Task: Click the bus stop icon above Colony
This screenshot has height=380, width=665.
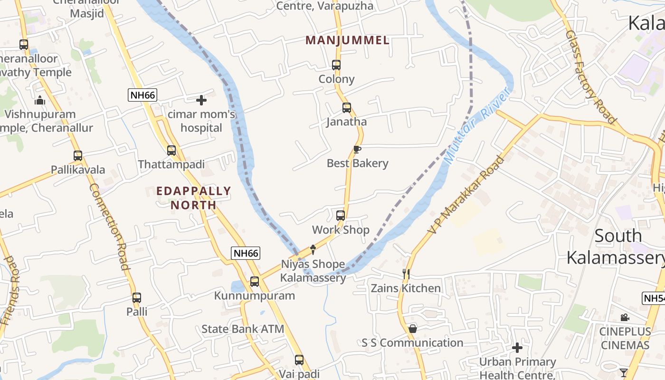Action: point(336,65)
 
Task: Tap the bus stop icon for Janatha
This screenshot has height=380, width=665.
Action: point(347,108)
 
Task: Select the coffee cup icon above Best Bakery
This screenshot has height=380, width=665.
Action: point(357,150)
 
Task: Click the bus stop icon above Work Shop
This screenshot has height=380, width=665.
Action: point(341,216)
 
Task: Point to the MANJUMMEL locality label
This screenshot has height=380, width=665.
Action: point(347,40)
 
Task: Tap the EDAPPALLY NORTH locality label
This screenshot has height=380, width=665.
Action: point(194,198)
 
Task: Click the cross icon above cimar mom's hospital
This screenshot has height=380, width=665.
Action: point(201,100)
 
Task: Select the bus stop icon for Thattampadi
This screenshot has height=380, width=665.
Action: point(171,151)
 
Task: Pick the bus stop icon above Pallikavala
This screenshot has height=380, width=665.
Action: point(78,156)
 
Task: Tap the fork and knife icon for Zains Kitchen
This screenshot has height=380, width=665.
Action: point(406,274)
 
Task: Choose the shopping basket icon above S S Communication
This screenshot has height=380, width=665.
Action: point(413,329)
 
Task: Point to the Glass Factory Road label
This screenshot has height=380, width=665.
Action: point(590,77)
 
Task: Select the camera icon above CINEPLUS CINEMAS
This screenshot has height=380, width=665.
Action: point(625,317)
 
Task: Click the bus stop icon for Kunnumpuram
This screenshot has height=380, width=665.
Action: point(255,282)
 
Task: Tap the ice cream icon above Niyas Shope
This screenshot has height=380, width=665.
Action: point(313,249)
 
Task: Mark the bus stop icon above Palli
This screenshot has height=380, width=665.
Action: point(137,298)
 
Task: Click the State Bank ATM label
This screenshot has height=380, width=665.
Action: point(243,329)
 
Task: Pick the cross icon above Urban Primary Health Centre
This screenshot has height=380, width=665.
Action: point(517,348)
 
